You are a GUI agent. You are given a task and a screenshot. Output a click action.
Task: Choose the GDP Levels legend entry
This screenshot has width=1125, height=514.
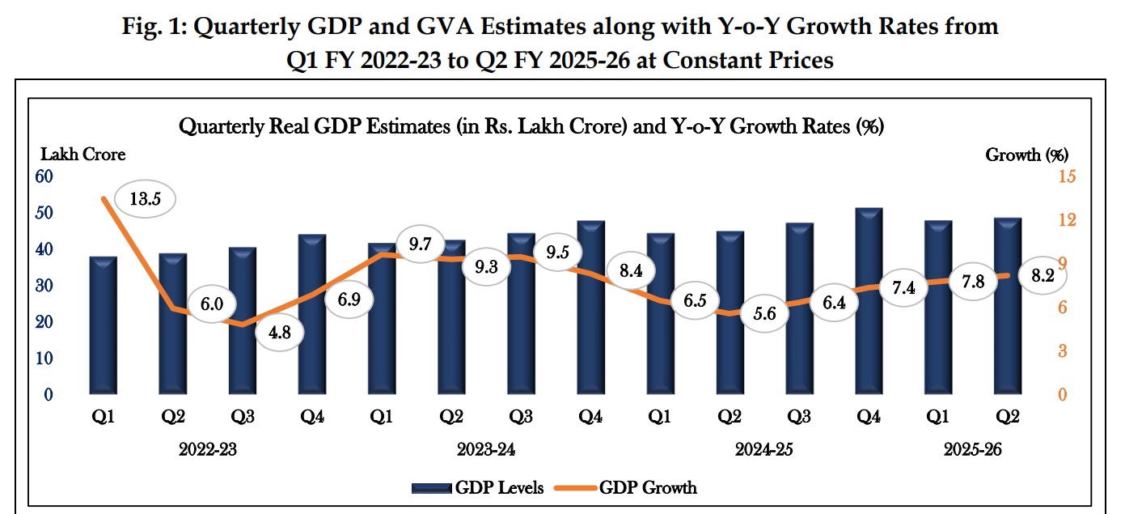(477, 487)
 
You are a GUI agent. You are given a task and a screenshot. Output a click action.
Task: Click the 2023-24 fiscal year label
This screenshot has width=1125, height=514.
(487, 450)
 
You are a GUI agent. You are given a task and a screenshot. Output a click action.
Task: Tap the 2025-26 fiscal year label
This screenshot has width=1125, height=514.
(973, 450)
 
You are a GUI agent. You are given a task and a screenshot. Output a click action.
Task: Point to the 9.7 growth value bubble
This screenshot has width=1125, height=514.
(419, 244)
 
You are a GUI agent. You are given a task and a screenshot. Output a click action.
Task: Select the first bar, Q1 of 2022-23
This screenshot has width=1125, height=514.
(103, 325)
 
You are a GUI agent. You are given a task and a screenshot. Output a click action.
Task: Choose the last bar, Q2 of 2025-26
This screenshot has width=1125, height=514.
(1007, 306)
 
